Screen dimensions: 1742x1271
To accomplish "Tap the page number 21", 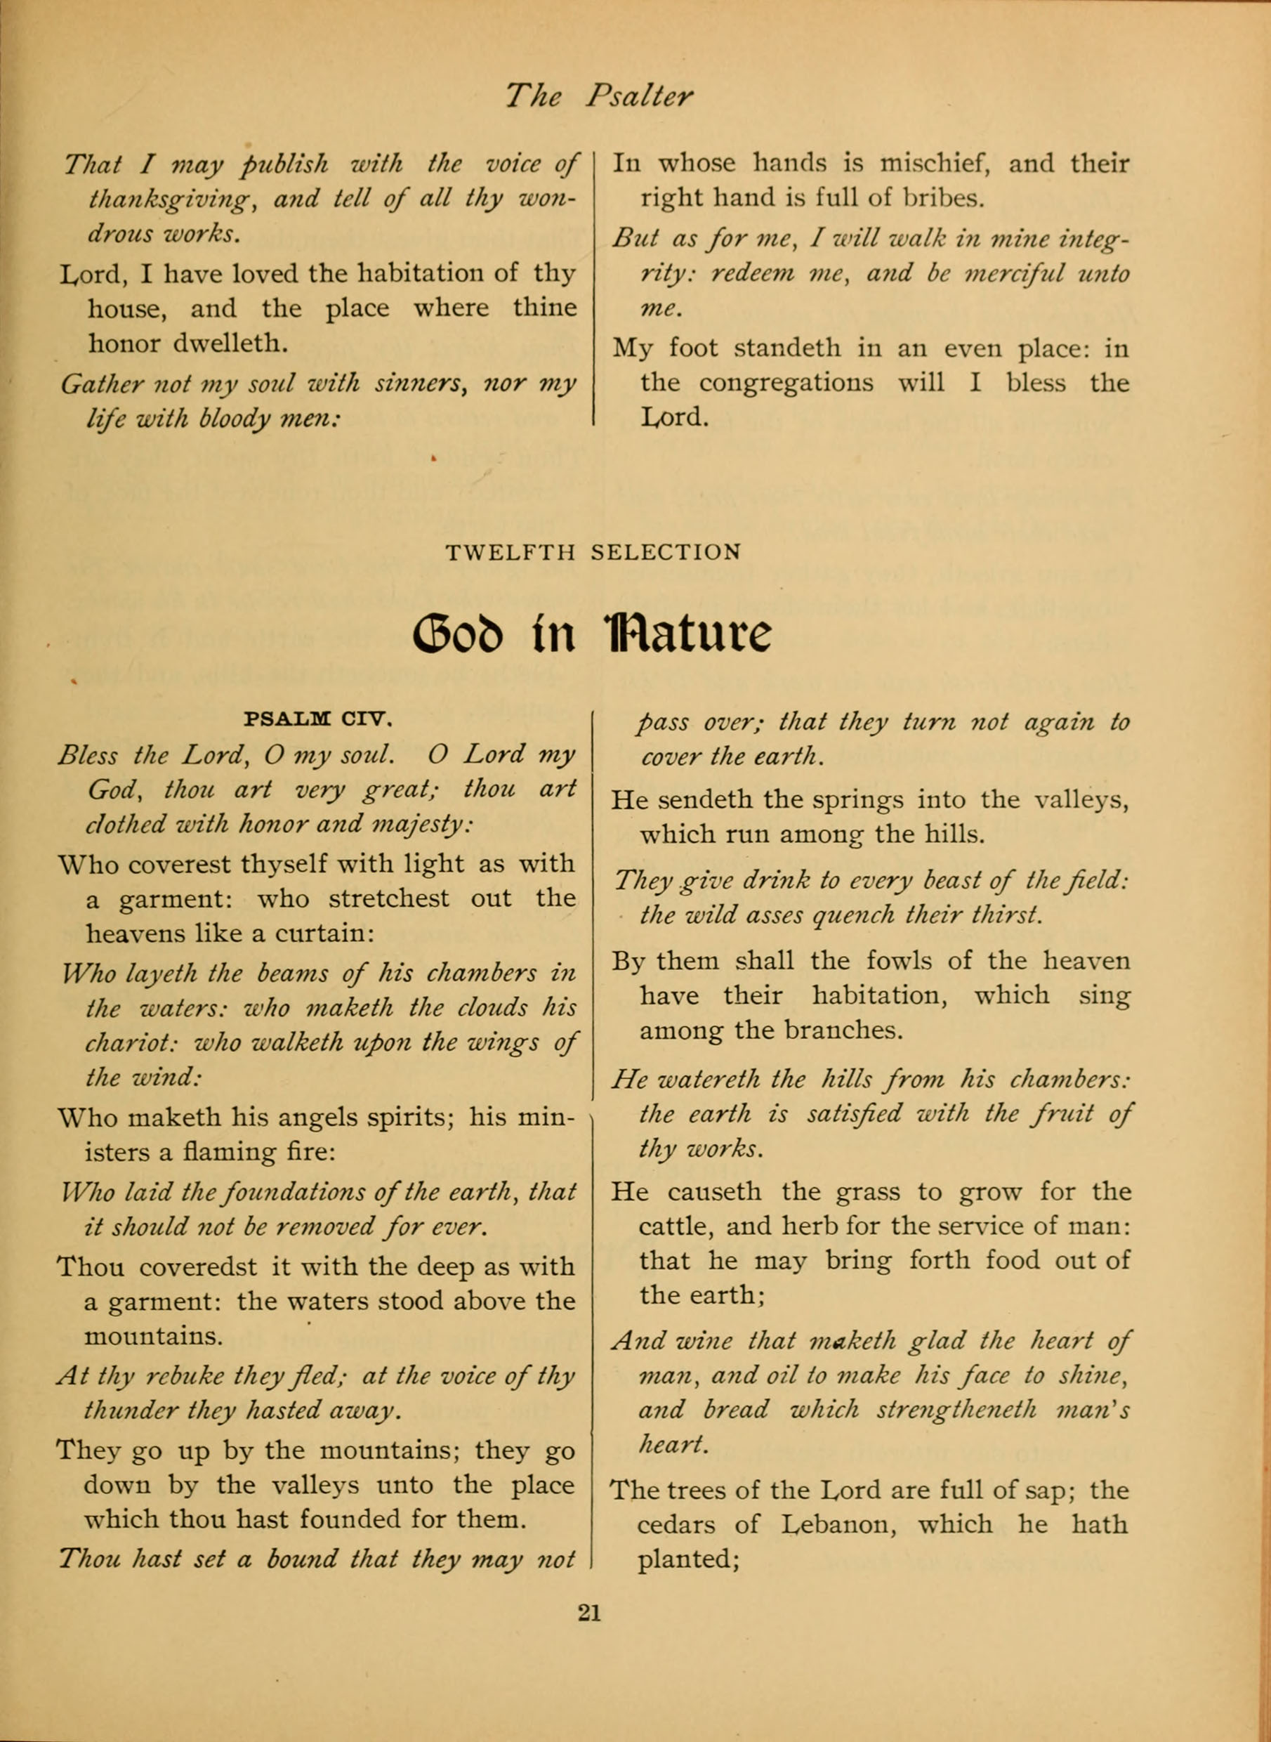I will pos(588,1612).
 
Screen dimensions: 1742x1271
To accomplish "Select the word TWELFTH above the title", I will pos(511,553).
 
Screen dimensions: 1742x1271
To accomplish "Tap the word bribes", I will pos(942,199).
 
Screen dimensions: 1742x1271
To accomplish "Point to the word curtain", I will pos(324,934).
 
